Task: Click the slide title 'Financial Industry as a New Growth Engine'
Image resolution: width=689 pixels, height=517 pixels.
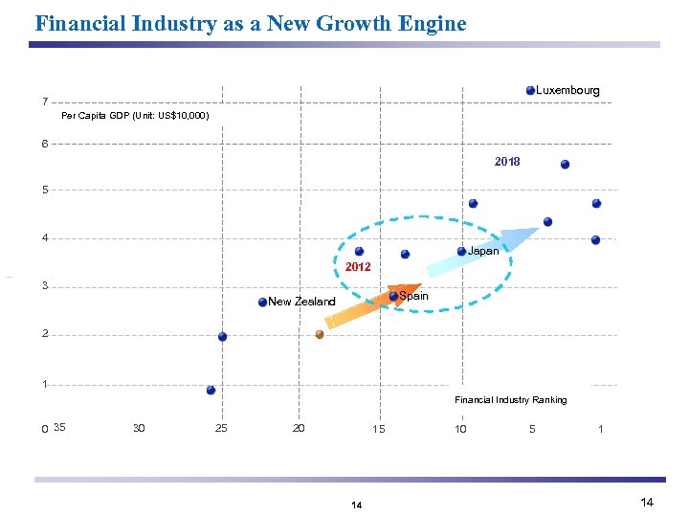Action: [x=250, y=23]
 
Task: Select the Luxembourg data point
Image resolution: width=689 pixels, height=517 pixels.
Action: [x=531, y=91]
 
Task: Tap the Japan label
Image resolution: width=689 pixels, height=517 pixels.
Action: [x=482, y=251]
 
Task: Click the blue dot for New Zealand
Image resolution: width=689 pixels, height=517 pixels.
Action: [x=263, y=303]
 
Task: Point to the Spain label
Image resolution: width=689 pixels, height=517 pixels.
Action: [x=413, y=296]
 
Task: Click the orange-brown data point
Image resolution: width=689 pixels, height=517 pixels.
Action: [x=320, y=334]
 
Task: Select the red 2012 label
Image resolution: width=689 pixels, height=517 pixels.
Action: [x=358, y=267]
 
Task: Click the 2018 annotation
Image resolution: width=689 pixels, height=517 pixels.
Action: [x=507, y=162]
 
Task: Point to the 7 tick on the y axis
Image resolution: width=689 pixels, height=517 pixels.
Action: [x=44, y=101]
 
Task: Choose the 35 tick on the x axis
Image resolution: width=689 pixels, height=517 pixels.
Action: [x=60, y=427]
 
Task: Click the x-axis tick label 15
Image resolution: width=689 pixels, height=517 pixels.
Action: [x=379, y=428]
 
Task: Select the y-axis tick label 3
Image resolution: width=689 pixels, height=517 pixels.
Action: [x=44, y=285]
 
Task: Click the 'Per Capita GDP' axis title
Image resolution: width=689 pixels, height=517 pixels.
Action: [x=134, y=116]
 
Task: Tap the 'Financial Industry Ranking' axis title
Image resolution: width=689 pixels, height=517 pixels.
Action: [x=510, y=399]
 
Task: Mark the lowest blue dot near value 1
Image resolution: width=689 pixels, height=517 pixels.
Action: [x=211, y=390]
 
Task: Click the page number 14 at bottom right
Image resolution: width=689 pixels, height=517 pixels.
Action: [x=647, y=503]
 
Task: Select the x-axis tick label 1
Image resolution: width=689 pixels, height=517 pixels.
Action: [x=600, y=429]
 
